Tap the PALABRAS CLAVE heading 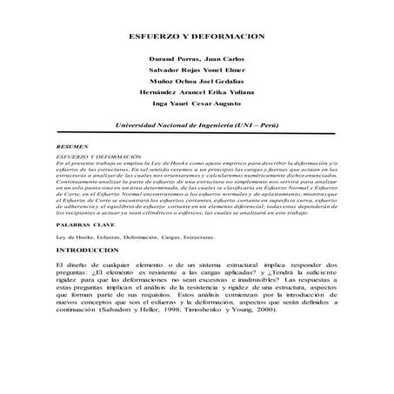[x=79, y=223]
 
